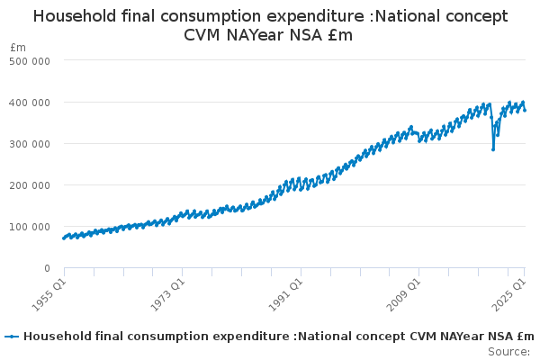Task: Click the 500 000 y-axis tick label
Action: [31, 60]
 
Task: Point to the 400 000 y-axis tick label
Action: [31, 102]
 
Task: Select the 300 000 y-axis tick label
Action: [31, 143]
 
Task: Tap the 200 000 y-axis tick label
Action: [31, 184]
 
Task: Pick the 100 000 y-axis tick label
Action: [31, 226]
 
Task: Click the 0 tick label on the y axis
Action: [45, 268]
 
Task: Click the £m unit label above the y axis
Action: [18, 47]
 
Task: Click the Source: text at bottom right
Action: [508, 351]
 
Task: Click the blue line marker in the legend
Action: [12, 337]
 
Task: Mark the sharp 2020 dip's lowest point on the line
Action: [493, 148]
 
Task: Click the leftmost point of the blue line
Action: [64, 238]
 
